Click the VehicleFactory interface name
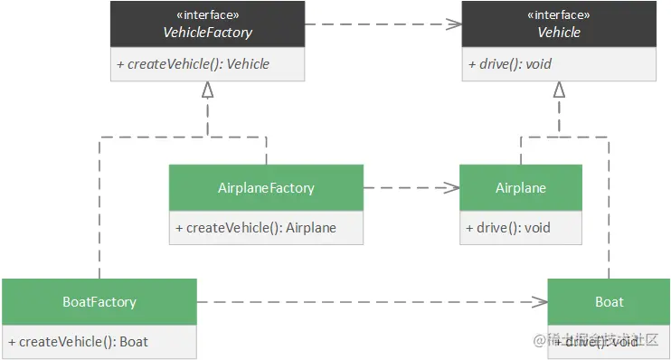point(208,33)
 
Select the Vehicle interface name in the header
point(559,33)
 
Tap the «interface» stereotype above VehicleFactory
point(208,15)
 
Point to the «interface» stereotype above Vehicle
point(559,15)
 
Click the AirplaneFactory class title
point(266,188)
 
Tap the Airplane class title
point(521,188)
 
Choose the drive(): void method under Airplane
point(508,228)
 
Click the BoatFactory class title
point(99,301)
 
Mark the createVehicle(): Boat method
point(78,342)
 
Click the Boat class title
point(609,301)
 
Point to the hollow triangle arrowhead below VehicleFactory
point(208,90)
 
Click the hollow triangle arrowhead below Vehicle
point(559,90)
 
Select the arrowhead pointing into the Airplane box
point(452,188)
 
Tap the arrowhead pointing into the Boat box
point(540,301)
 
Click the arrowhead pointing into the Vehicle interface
point(454,24)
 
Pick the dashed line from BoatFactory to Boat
point(362,301)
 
